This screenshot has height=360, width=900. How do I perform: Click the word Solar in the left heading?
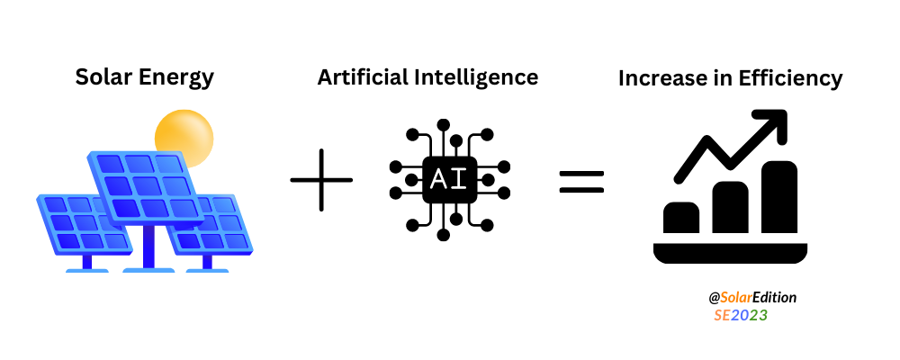[102, 77]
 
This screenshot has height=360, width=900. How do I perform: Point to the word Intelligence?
[476, 77]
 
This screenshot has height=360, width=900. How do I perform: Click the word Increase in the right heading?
[659, 78]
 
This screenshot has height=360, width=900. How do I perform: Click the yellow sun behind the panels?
[184, 138]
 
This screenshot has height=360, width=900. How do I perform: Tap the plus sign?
[321, 180]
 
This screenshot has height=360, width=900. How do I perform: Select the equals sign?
[582, 182]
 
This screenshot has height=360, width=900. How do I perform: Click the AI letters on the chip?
[449, 180]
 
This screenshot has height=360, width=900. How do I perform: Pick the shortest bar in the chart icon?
[681, 218]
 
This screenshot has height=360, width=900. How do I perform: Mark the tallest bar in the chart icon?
[779, 197]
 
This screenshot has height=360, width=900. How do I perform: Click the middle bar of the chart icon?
[730, 207]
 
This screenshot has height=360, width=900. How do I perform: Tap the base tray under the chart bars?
[730, 253]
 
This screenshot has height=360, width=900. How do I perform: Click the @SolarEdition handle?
[752, 297]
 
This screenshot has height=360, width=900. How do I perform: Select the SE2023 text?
[741, 315]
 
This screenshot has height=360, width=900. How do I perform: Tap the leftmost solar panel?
[84, 225]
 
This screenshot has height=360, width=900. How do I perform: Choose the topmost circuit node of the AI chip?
[443, 124]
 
